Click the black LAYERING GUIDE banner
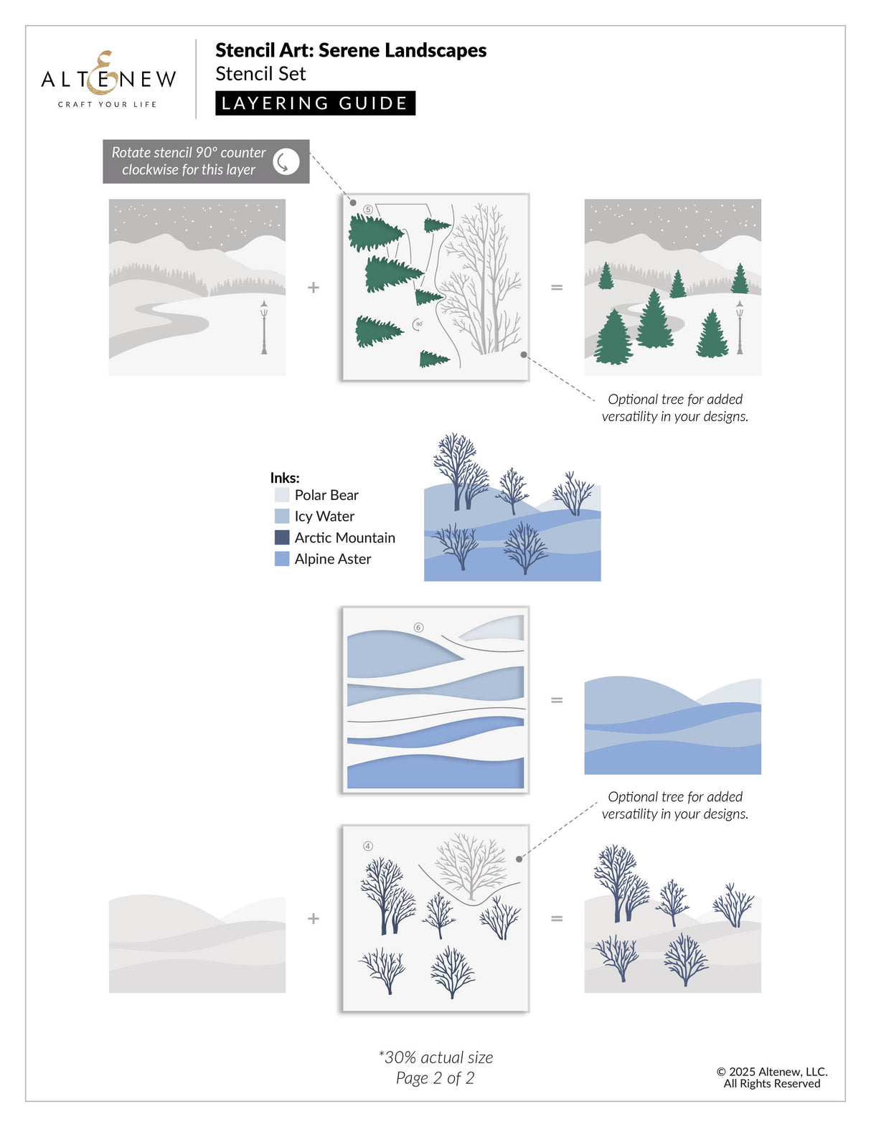pos(315,103)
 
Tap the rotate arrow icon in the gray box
pos(286,161)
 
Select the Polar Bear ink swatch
pos(282,495)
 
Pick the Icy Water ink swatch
pos(282,517)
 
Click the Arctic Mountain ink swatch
pos(282,537)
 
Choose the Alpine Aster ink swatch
pos(282,559)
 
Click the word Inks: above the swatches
pos(285,478)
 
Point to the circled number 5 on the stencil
pos(368,209)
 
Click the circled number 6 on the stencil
pos(419,628)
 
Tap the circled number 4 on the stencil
pos(368,847)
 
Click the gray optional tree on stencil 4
pos(471,864)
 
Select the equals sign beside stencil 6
pos(557,700)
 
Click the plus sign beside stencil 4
pos(314,918)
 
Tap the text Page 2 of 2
pos(435,1078)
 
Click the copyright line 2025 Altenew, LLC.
pos(772,1072)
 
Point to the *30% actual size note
pos(435,1057)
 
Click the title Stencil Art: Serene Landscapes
pos(351,50)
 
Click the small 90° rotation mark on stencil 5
pos(418,324)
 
